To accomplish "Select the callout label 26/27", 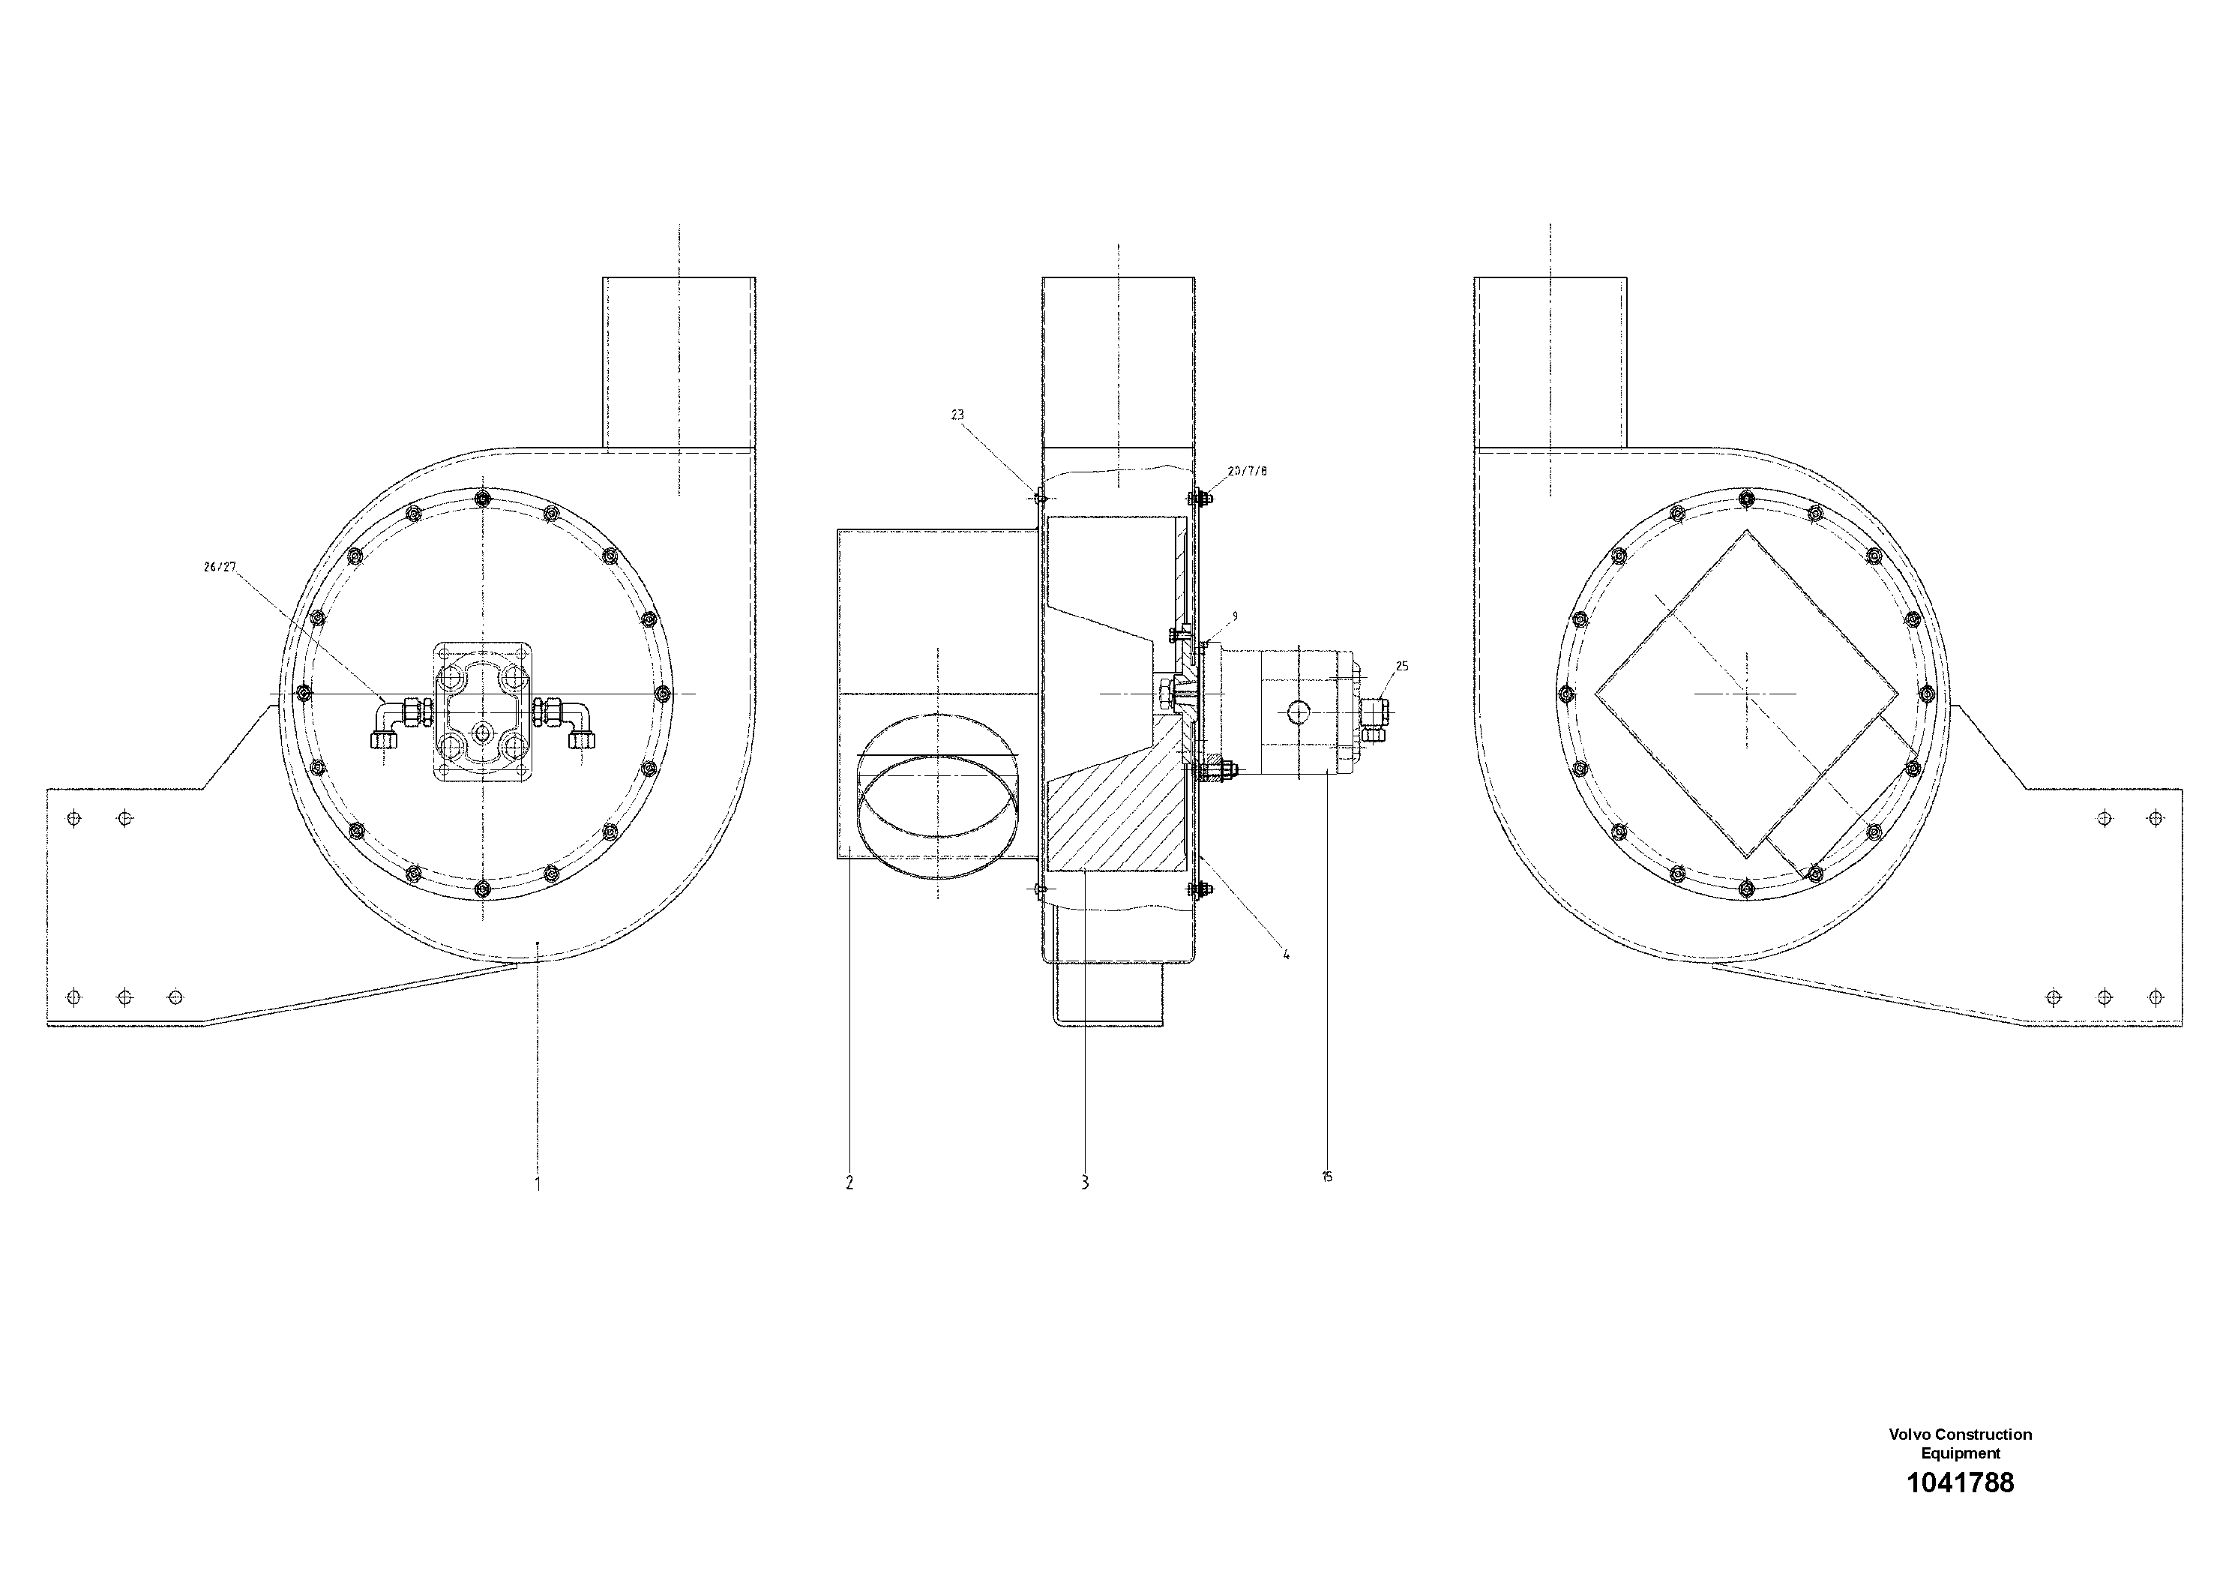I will point(220,568).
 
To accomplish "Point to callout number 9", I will point(1235,616).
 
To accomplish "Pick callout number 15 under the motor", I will point(1327,1177).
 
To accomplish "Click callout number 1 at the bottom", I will point(538,1183).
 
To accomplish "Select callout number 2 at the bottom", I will point(849,1183).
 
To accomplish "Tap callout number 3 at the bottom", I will point(1084,1183).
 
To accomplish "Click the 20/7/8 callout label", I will point(1248,472).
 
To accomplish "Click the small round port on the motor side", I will point(1299,712).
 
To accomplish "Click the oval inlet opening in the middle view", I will point(937,817).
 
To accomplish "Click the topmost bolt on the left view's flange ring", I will point(482,499).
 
